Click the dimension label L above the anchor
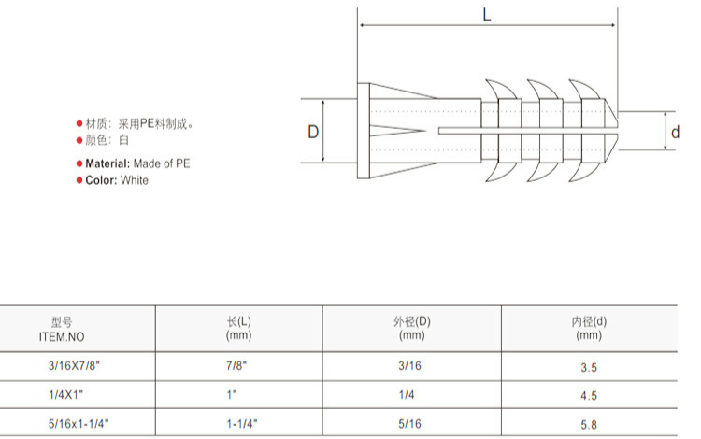point(487,14)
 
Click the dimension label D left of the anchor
point(313,132)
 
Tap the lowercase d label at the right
point(675,133)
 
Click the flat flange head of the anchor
point(364,132)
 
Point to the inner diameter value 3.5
point(589,368)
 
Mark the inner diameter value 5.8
point(589,425)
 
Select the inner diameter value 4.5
point(589,396)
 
